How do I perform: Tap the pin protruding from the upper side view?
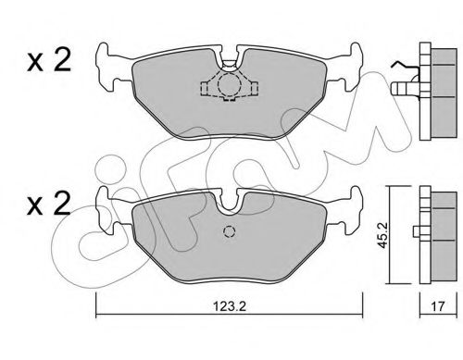click(x=407, y=88)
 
